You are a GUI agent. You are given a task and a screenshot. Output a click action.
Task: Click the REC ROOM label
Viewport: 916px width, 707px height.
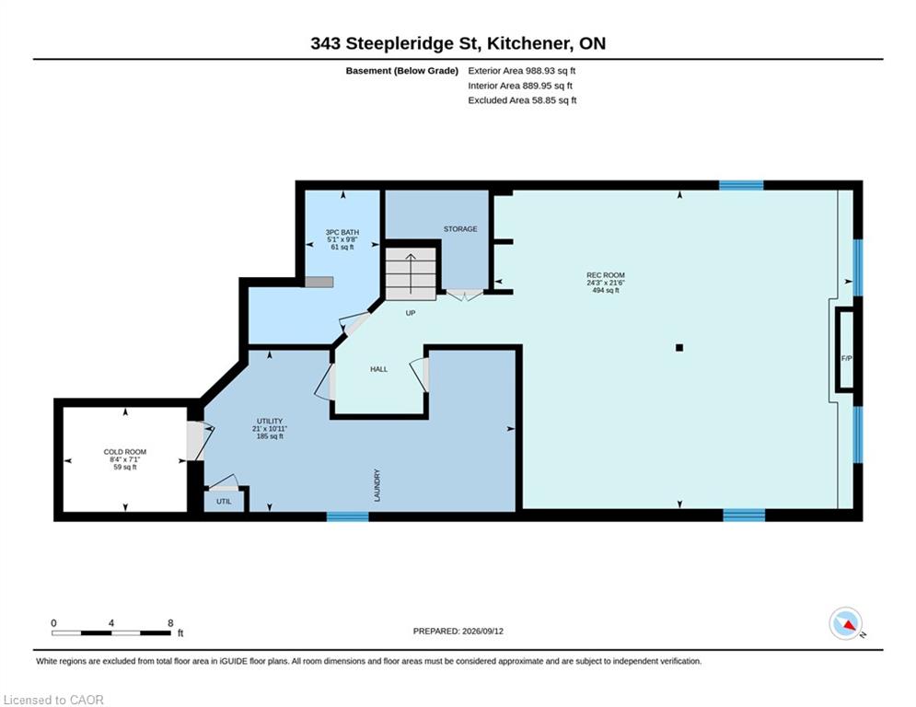[x=605, y=275]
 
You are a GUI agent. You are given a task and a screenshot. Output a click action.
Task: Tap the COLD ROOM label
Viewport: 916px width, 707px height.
[x=125, y=452]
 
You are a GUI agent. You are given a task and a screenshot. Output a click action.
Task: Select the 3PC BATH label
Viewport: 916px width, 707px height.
[x=342, y=233]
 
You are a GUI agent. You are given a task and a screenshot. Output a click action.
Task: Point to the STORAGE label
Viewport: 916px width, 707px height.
[x=460, y=229]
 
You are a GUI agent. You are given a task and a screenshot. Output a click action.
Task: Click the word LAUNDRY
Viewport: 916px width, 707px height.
[x=377, y=485]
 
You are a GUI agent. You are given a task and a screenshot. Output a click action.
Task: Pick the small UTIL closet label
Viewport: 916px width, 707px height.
[x=224, y=502]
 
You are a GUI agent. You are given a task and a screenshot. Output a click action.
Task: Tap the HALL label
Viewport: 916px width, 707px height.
[x=378, y=369]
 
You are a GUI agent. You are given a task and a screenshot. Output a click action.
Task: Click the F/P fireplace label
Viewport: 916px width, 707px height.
[x=846, y=358]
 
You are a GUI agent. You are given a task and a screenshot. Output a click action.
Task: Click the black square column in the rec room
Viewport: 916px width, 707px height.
[x=679, y=348]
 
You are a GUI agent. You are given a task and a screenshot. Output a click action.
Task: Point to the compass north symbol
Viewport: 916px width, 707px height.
[x=846, y=623]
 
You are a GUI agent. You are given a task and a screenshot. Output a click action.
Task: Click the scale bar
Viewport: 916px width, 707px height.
[x=111, y=632]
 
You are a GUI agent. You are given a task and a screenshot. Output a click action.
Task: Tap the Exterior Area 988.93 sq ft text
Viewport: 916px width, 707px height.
[x=522, y=71]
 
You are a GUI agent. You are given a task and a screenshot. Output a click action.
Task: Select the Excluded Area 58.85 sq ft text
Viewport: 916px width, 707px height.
[x=522, y=100]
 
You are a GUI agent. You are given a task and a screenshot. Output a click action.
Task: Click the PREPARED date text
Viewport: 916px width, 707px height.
[x=458, y=631]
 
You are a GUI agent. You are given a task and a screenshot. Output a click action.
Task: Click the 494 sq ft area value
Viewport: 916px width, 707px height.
[x=606, y=290]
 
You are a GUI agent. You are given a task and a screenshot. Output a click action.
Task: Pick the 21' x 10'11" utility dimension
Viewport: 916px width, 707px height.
[x=270, y=429]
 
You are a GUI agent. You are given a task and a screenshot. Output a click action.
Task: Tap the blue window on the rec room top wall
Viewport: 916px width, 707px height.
[x=741, y=185]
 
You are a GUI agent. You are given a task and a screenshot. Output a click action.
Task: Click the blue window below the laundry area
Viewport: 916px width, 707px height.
[x=348, y=516]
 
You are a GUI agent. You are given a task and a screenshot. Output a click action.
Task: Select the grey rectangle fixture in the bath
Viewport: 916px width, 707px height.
[x=319, y=283]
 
